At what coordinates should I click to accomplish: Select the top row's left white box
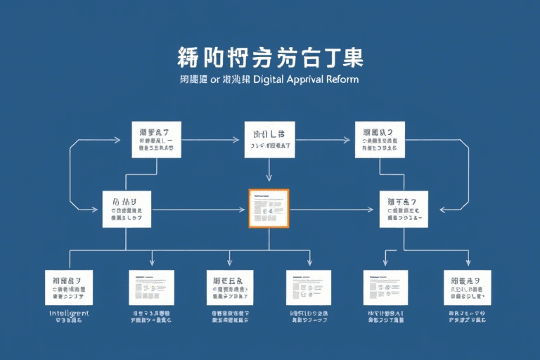(155, 139)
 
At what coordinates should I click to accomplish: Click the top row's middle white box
(269, 139)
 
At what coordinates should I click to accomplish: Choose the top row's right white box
(380, 139)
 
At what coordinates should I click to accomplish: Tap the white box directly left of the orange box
(127, 209)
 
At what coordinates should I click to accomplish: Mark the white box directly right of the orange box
(404, 209)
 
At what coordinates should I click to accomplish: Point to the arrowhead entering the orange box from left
(245, 210)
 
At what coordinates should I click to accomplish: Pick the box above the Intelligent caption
(69, 287)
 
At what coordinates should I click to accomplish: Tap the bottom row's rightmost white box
(467, 287)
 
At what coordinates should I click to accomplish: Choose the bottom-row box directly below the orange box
(309, 287)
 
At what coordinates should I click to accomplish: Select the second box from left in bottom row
(151, 287)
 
